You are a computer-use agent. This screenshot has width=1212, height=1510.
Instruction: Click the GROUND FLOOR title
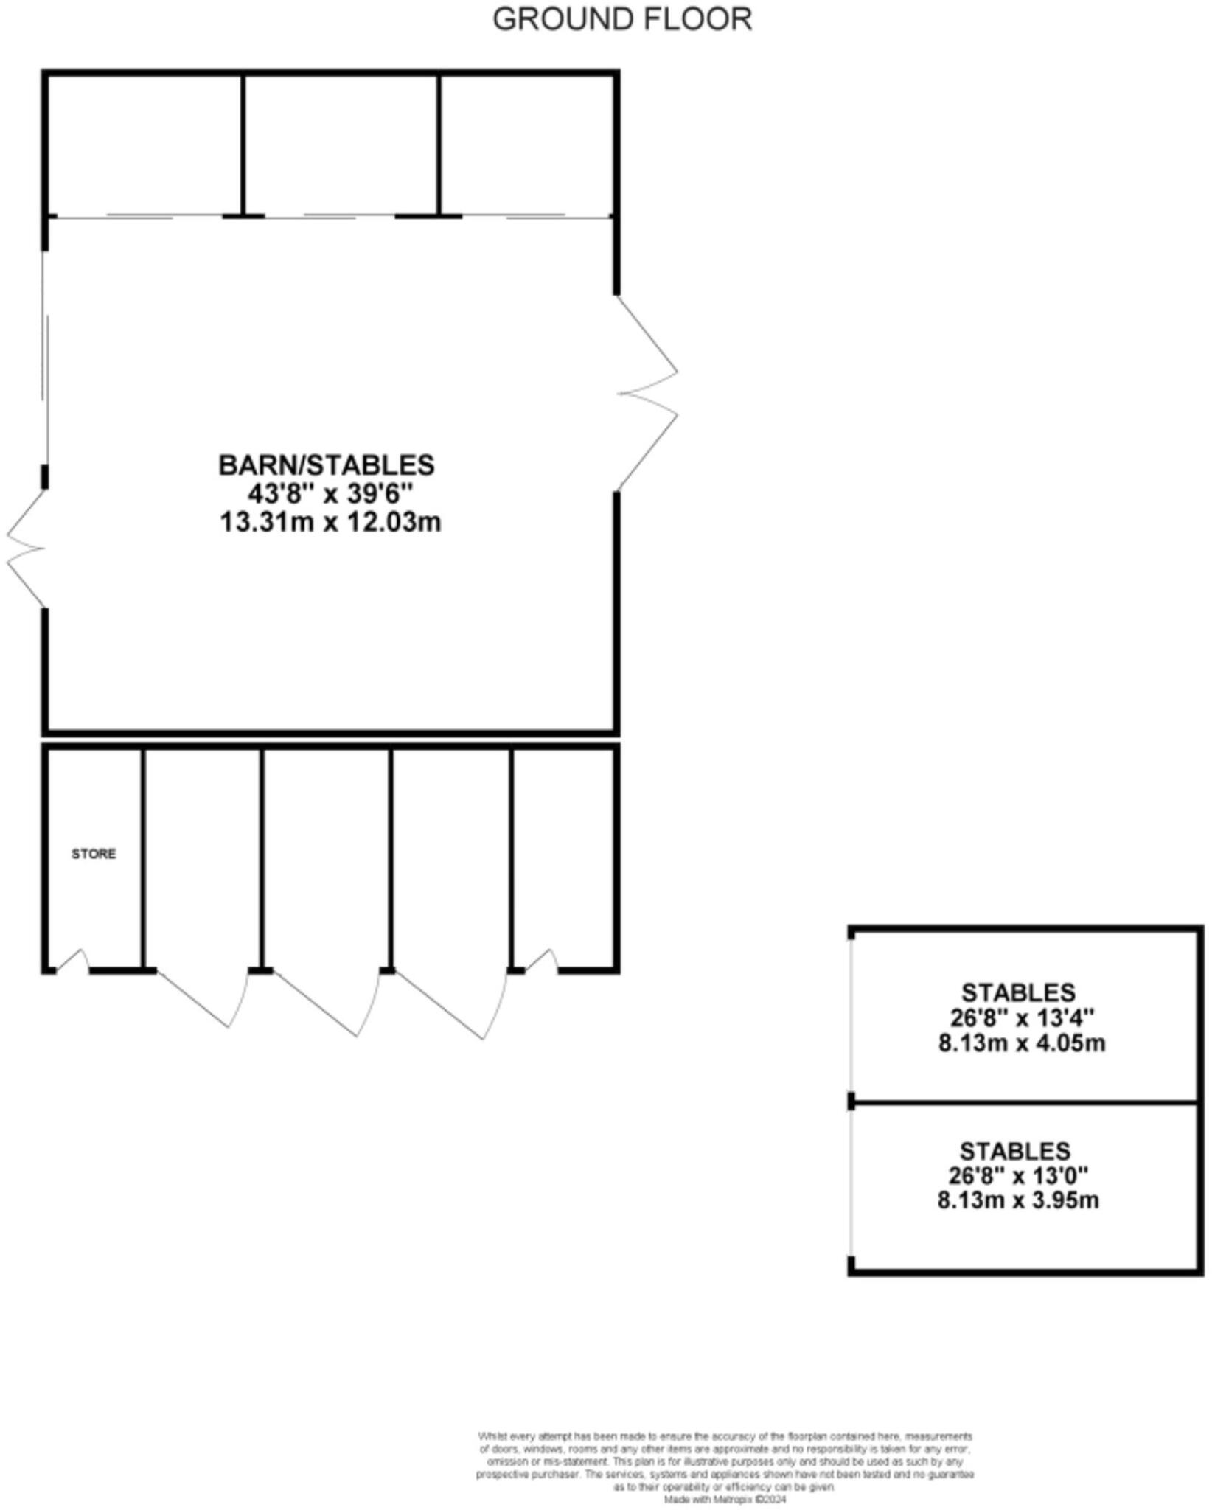622,19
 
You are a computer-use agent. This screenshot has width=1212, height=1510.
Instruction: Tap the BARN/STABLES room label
327,465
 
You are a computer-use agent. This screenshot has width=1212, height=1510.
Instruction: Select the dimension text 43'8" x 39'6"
330,493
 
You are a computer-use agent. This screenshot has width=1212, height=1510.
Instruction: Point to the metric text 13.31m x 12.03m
331,522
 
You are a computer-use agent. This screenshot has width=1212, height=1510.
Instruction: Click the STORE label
94,854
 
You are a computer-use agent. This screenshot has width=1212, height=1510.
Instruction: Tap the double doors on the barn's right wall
647,393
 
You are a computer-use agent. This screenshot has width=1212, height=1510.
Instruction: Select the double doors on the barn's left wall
26,549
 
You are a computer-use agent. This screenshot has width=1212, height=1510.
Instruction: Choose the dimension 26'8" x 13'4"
1022,1017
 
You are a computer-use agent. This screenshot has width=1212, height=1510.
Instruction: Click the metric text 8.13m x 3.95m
1018,1200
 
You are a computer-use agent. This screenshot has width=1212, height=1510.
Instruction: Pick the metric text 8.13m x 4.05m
1022,1043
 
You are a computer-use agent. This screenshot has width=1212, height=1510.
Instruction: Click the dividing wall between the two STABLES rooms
1025,1104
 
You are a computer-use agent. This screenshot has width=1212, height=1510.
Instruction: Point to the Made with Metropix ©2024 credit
725,1500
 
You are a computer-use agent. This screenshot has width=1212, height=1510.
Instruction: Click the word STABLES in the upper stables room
1018,992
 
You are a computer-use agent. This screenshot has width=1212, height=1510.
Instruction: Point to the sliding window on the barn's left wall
46,361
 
